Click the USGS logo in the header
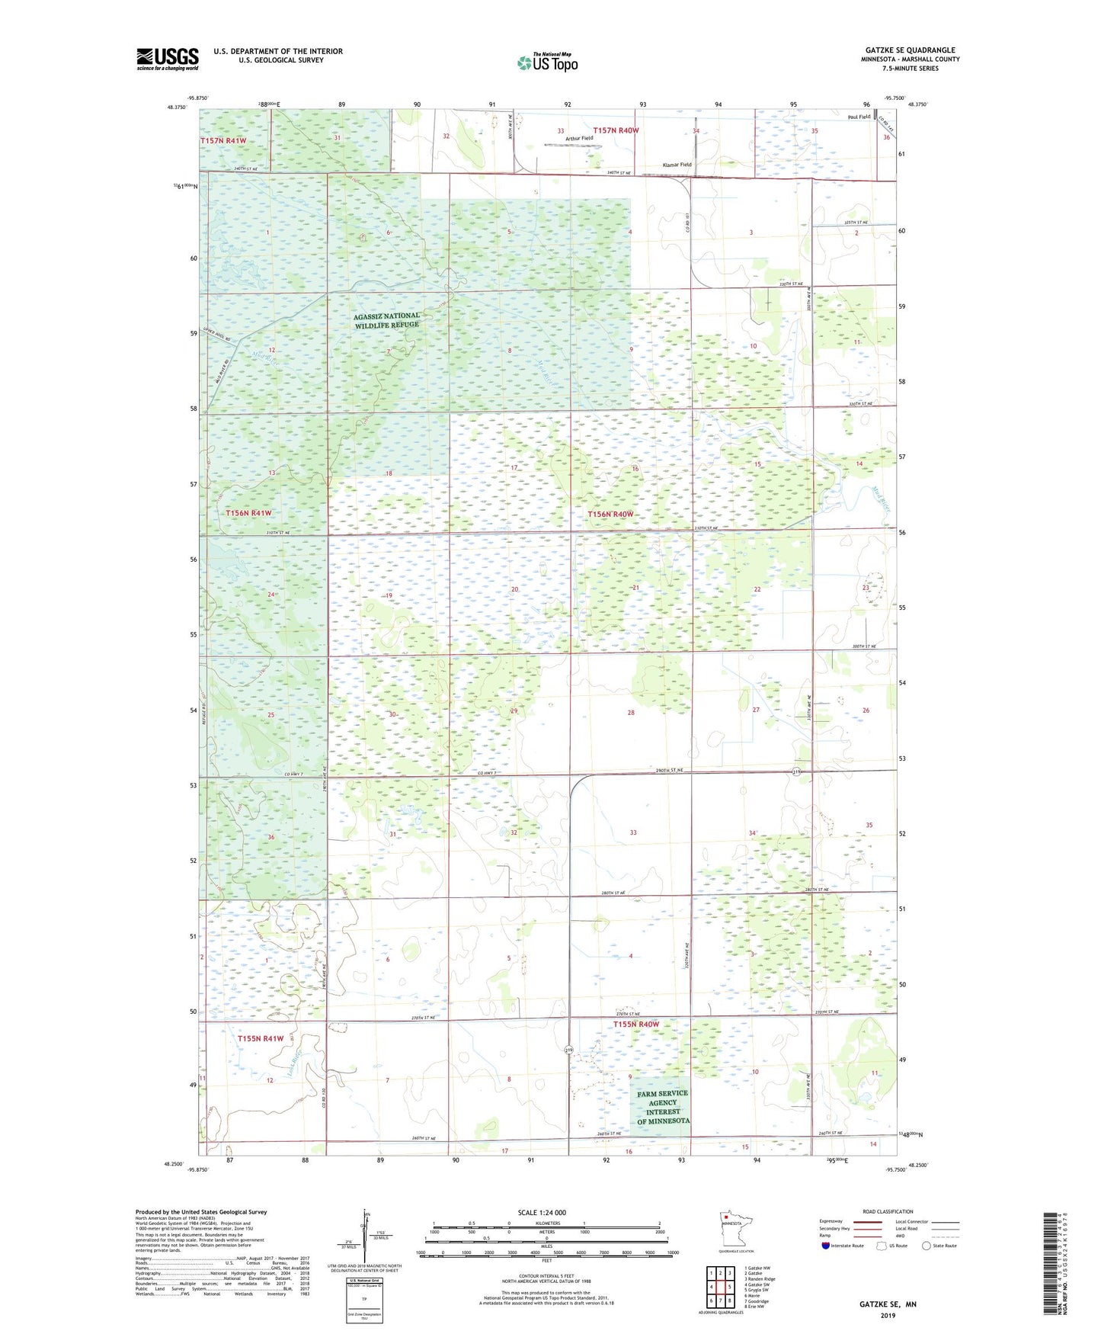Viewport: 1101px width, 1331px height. click(167, 59)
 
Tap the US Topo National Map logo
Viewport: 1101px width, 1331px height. click(547, 62)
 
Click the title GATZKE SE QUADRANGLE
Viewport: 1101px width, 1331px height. click(910, 50)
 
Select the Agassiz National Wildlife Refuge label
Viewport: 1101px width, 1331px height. click(386, 320)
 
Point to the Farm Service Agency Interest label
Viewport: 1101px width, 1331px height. click(663, 1107)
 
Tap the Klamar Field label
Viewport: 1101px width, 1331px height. click(677, 165)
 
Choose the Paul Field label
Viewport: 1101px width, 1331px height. click(859, 117)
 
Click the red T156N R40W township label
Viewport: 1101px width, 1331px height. click(610, 515)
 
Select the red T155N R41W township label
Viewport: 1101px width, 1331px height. click(260, 1038)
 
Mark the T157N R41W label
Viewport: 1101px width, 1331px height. click(223, 141)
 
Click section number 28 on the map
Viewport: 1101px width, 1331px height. click(630, 713)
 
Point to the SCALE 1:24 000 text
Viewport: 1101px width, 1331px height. click(542, 1212)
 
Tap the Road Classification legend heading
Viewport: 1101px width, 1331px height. click(888, 1211)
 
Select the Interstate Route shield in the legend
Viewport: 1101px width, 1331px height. click(827, 1246)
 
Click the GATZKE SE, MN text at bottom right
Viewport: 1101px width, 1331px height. click(888, 1304)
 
